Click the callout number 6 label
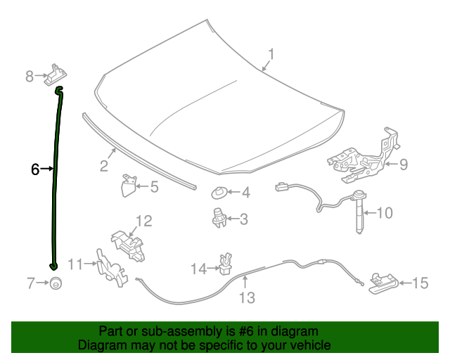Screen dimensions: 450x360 point(35,169)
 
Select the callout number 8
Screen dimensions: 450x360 point(30,77)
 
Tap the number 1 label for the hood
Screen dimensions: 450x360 point(271,54)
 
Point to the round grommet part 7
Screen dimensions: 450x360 point(56,283)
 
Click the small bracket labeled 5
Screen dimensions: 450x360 point(129,186)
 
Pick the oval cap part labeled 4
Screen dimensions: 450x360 point(219,193)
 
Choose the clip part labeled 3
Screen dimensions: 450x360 point(219,218)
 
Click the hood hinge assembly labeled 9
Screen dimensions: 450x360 point(364,157)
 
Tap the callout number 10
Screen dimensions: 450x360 point(385,213)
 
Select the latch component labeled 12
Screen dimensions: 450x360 point(128,245)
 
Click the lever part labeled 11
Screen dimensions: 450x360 point(111,268)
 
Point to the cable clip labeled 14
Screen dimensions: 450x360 point(226,264)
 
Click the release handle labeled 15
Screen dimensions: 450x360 point(383,283)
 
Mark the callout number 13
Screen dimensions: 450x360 point(247,297)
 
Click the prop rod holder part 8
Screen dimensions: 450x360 point(56,75)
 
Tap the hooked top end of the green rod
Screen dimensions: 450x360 point(59,90)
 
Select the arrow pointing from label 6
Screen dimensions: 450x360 point(47,169)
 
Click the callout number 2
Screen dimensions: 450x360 point(104,166)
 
